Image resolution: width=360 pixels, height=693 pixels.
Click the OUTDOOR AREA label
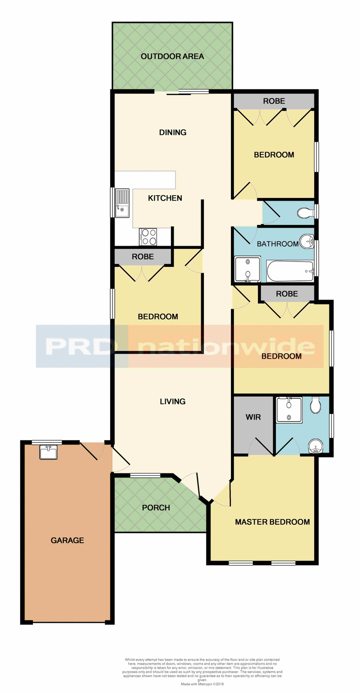[172, 57]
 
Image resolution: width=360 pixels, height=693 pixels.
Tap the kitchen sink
[122, 203]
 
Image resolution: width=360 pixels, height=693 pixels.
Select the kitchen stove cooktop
[148, 237]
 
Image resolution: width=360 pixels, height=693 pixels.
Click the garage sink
[48, 452]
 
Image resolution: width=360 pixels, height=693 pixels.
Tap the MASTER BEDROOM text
[272, 522]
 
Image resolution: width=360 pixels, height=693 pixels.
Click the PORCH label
[156, 508]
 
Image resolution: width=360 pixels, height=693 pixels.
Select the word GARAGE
[67, 540]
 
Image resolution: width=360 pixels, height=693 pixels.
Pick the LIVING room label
[172, 401]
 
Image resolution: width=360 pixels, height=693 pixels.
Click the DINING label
[173, 132]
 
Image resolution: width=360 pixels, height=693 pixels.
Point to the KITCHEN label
[165, 198]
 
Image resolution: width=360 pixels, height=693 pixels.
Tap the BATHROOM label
[278, 244]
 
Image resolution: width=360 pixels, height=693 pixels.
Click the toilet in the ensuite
[315, 405]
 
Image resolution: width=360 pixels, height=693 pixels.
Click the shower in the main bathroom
[247, 270]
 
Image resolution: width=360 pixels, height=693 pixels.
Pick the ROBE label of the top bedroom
[274, 101]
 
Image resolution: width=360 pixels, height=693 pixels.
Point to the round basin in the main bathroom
[307, 241]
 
